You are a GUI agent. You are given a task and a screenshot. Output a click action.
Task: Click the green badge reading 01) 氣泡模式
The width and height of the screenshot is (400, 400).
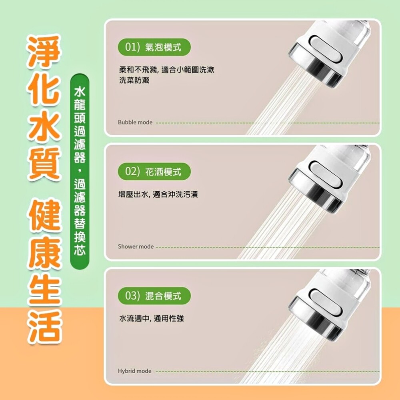pyautogui.click(x=154, y=47)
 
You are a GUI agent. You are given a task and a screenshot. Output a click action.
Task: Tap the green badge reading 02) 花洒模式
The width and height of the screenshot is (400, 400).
pyautogui.click(x=154, y=172)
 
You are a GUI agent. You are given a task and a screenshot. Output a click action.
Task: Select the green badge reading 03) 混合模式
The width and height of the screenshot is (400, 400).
pyautogui.click(x=154, y=296)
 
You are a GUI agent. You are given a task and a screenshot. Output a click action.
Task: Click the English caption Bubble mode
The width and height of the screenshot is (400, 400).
pyautogui.click(x=135, y=122)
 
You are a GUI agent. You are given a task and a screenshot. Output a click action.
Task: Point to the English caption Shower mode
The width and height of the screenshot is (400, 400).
pyautogui.click(x=136, y=247)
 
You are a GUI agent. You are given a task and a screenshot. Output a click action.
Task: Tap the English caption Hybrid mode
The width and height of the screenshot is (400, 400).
pyautogui.click(x=135, y=371)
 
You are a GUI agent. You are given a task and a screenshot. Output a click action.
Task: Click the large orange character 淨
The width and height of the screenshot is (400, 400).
pyautogui.click(x=44, y=52)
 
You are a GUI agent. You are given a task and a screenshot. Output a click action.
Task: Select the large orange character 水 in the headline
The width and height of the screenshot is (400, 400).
pyautogui.click(x=44, y=126)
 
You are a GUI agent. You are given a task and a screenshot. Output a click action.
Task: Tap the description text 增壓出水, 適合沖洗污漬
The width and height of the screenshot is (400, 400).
pyautogui.click(x=158, y=194)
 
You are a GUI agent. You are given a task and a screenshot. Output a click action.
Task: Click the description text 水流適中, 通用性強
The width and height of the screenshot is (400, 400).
pyautogui.click(x=152, y=318)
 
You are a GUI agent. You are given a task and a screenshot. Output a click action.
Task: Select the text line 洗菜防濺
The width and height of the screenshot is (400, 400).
pyautogui.click(x=134, y=80)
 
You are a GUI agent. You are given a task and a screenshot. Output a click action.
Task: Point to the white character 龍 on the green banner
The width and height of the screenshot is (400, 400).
pyautogui.click(x=80, y=105)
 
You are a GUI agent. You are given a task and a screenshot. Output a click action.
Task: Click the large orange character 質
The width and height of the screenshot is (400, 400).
pyautogui.click(x=44, y=164)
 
